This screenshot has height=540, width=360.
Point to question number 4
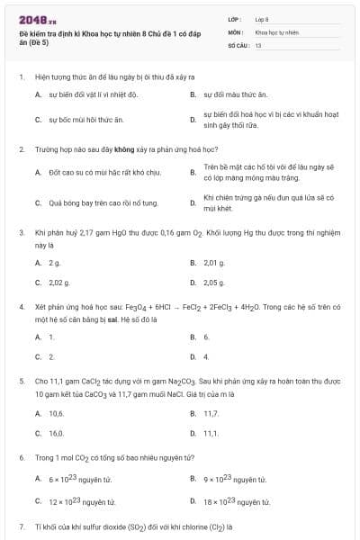[x=21, y=306]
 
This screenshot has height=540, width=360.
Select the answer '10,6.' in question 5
[x=56, y=413]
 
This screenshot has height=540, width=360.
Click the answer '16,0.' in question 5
[x=56, y=433]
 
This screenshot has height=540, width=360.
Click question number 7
[x=21, y=526]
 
